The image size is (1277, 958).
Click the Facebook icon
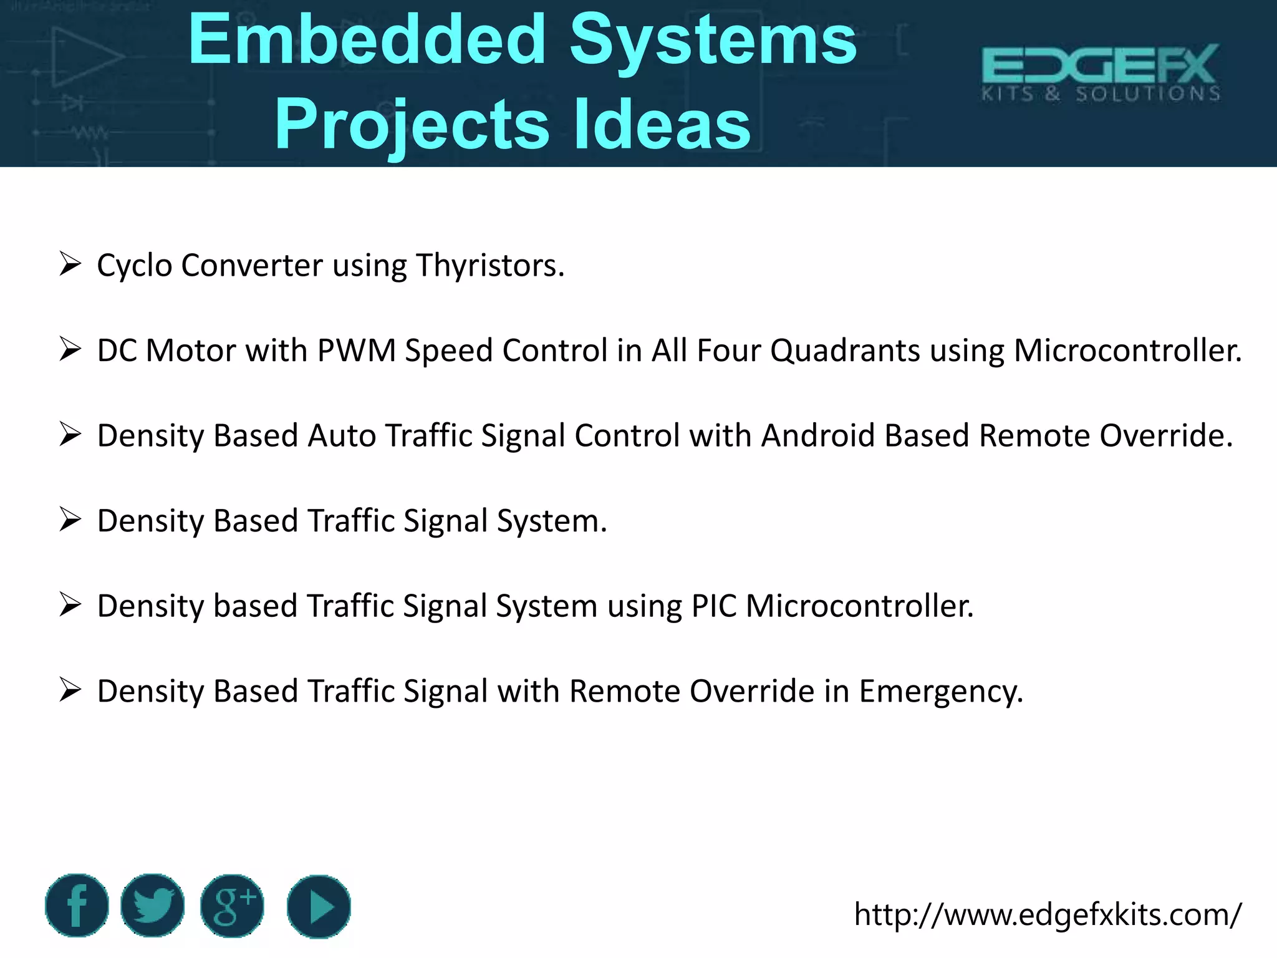(x=77, y=906)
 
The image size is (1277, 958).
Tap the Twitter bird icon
(x=153, y=906)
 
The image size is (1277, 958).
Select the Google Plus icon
(x=232, y=906)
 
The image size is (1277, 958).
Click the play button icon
(x=319, y=906)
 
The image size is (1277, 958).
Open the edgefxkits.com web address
(x=1048, y=914)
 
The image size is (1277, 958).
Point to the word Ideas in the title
(x=662, y=125)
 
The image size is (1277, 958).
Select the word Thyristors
(x=490, y=265)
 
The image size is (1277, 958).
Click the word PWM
(x=357, y=350)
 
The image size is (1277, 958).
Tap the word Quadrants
(x=845, y=350)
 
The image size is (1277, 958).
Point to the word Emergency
(x=941, y=692)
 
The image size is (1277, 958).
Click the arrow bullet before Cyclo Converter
(x=70, y=264)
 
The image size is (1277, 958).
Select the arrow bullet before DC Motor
(x=70, y=349)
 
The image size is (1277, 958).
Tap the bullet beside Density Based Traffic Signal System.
(x=70, y=520)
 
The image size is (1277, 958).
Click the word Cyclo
(x=135, y=266)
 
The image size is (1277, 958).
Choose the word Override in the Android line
(x=1165, y=435)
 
